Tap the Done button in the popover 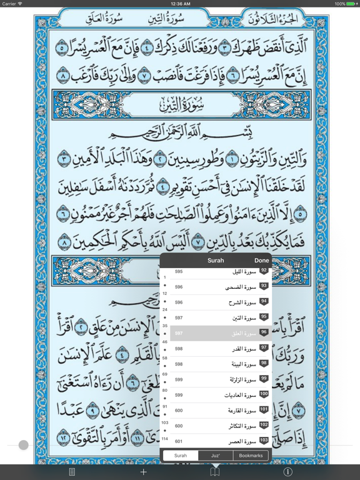[261, 260]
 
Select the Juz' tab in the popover [215, 456]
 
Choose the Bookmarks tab [251, 456]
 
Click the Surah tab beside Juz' [181, 456]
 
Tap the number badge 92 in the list [264, 271]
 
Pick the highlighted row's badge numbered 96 [264, 333]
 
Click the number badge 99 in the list [264, 379]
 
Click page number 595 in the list [179, 272]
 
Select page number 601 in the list [179, 442]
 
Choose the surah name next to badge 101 [241, 411]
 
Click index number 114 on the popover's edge [165, 439]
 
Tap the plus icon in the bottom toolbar [144, 472]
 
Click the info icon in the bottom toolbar [287, 472]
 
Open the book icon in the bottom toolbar [215, 472]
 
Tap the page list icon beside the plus [72, 472]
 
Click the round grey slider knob [24, 445]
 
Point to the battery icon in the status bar [351, 4]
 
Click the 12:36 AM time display [180, 4]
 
